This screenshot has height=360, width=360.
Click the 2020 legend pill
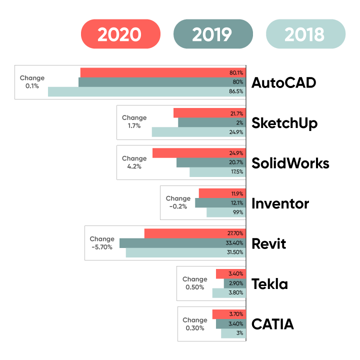[120, 34]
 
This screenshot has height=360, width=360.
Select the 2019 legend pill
[213, 34]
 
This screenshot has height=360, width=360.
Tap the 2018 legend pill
[305, 34]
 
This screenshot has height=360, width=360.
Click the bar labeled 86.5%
[146, 92]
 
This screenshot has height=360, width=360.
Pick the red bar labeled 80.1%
[162, 72]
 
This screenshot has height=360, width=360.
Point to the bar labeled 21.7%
[209, 113]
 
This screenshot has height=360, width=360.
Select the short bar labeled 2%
[211, 122]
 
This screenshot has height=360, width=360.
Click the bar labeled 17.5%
[217, 172]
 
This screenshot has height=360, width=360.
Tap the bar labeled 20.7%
[211, 162]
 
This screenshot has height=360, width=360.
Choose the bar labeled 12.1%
[220, 203]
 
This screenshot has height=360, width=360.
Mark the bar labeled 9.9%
[226, 212]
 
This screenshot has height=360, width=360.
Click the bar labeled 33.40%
[182, 243]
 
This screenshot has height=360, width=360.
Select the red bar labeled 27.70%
[195, 233]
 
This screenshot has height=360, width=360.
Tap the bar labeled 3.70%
[228, 314]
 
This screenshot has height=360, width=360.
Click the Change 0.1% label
[32, 82]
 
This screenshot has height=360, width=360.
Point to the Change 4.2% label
[134, 162]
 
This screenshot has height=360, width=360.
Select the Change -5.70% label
[102, 243]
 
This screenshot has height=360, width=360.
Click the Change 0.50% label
[194, 283]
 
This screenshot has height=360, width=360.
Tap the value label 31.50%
[234, 252]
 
